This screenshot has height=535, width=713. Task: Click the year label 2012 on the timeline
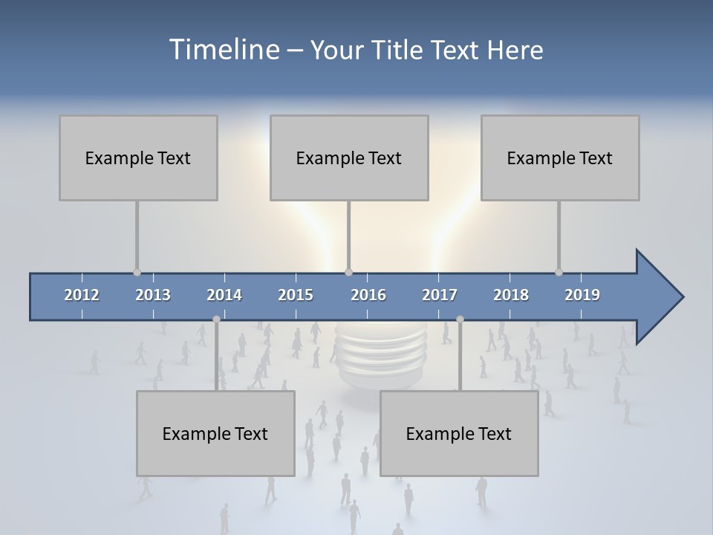click(82, 295)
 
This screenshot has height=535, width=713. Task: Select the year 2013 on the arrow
click(153, 295)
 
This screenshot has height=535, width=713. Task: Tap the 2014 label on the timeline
click(224, 295)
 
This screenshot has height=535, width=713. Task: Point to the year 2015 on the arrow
click(296, 295)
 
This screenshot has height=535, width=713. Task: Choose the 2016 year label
click(368, 295)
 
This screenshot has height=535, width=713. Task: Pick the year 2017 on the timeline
click(440, 295)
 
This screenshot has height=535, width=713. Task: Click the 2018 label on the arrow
click(511, 295)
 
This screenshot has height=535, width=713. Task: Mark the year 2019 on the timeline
click(582, 295)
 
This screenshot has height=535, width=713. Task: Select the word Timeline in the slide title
click(224, 50)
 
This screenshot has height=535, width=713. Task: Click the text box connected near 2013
click(138, 158)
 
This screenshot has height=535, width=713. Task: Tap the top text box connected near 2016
click(349, 158)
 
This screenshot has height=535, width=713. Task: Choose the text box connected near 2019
click(560, 158)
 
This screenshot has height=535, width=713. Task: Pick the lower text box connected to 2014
click(215, 433)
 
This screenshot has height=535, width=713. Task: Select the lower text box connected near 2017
click(459, 433)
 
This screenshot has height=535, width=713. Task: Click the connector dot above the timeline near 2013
click(137, 272)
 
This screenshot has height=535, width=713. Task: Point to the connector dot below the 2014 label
click(216, 319)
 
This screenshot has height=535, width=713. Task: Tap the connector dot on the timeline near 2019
click(559, 272)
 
